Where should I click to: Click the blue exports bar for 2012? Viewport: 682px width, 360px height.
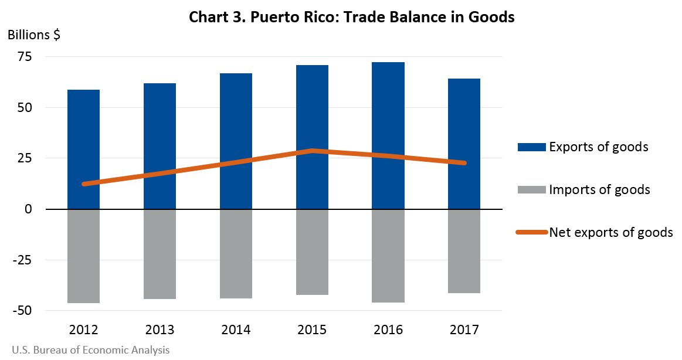click(x=84, y=150)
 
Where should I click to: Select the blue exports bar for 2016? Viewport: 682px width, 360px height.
click(x=388, y=135)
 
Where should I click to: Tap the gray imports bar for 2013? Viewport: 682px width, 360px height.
click(x=160, y=254)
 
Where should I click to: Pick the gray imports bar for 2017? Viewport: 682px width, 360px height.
click(x=464, y=251)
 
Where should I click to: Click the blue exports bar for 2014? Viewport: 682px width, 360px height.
click(x=236, y=141)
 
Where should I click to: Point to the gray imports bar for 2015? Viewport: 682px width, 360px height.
click(x=312, y=252)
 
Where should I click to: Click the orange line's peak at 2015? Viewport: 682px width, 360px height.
click(x=312, y=151)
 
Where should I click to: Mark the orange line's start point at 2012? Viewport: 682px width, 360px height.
click(x=84, y=184)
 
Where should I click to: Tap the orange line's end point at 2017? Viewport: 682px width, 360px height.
click(x=464, y=163)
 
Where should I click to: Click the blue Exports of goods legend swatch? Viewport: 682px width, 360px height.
click(x=531, y=147)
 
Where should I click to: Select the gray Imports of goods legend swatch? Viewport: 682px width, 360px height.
click(x=531, y=189)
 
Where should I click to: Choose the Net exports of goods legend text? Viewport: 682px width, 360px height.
click(x=611, y=232)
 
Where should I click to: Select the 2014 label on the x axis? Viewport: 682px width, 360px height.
click(x=236, y=330)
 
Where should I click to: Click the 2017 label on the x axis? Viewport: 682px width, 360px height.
click(x=464, y=330)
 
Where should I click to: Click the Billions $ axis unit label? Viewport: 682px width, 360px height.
click(x=33, y=35)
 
